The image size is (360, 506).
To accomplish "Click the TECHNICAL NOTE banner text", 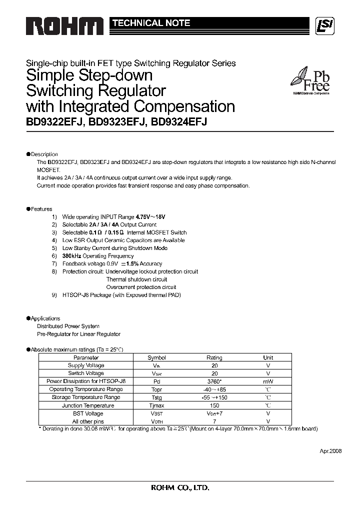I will coord(150,23).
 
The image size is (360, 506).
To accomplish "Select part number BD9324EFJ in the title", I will coord(179,121).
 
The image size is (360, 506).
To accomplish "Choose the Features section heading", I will coord(41,209).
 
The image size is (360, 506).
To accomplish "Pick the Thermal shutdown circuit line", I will coord(136,279).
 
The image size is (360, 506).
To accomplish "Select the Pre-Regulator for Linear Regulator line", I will coord(78,334).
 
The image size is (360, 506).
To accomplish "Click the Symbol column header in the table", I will coord(156,357).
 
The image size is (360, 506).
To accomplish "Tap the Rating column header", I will coord(214,357).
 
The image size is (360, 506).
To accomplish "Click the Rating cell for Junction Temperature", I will coord(214,405).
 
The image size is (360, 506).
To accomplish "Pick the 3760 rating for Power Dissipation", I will coord(214,381).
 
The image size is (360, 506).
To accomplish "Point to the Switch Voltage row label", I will coord(86,373).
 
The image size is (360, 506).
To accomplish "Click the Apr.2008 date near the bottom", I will coord(330,450).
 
